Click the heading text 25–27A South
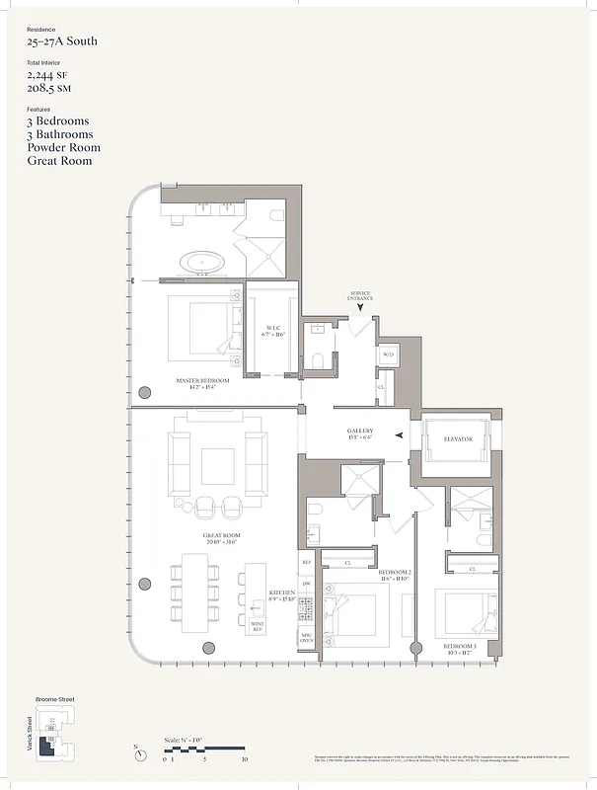[61, 41]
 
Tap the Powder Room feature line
[63, 147]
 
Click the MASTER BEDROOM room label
[202, 381]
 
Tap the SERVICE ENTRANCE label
[359, 295]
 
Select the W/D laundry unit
[388, 355]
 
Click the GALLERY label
[359, 433]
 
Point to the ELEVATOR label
[459, 438]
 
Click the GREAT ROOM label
[223, 538]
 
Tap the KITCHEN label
[282, 594]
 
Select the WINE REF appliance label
[258, 625]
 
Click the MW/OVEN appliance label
[307, 637]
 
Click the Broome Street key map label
[54, 699]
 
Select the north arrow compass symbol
[142, 755]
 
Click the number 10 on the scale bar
[244, 759]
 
